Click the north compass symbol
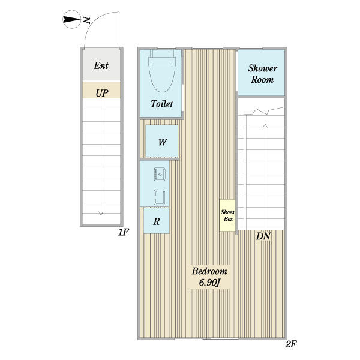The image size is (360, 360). [71, 19]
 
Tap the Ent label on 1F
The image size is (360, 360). [101, 65]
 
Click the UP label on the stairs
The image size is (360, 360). [102, 93]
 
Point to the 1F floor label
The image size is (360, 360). [124, 232]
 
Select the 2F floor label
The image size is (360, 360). [291, 344]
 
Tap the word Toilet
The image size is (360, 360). [162, 104]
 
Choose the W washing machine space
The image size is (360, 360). [162, 141]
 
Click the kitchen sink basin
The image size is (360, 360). [160, 174]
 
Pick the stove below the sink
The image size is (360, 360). [160, 197]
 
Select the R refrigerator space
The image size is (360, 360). [157, 221]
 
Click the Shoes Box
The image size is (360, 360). [227, 215]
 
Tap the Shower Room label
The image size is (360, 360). [262, 74]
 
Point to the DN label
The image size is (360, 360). [263, 236]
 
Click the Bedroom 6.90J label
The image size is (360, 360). [209, 277]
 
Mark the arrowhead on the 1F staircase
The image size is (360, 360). [101, 213]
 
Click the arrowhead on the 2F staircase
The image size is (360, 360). [265, 125]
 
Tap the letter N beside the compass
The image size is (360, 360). [86, 20]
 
